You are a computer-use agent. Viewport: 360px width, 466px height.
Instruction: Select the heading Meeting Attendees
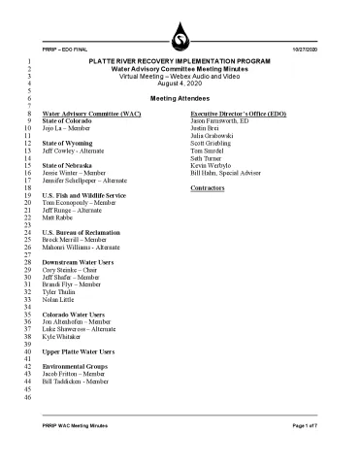pyautogui.click(x=180, y=99)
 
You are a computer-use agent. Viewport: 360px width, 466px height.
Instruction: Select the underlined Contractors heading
pyautogui.click(x=213, y=186)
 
